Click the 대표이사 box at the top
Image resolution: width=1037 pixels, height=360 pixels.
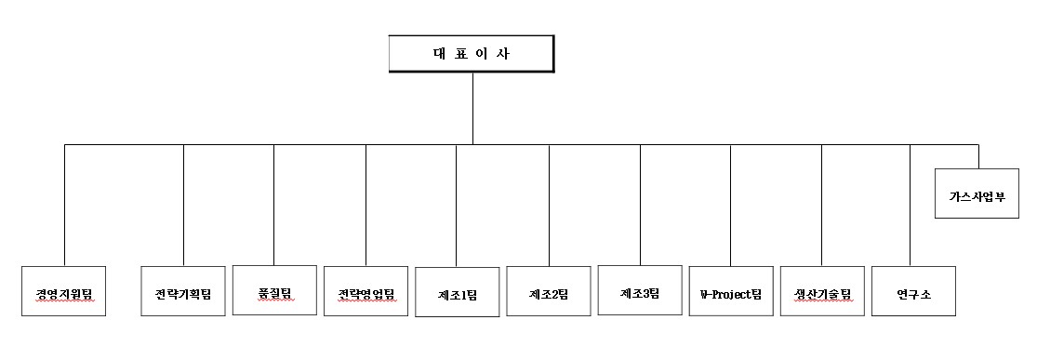pos(472,54)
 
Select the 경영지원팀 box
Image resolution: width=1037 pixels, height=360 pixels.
pos(63,291)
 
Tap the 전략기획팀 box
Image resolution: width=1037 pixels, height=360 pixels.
pos(183,291)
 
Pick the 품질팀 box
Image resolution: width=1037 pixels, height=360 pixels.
pos(273,290)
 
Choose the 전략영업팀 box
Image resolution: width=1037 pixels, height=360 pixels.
pos(366,291)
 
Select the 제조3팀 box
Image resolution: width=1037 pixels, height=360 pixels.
pos(640,291)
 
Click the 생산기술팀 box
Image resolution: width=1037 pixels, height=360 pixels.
pos(822,292)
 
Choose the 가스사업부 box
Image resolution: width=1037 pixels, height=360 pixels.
pos(977,196)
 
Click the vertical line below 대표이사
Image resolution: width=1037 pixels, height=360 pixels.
pos(472,107)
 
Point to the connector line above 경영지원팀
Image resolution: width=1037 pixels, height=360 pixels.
pos(64,205)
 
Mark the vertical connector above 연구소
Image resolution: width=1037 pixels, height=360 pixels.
pos(910,205)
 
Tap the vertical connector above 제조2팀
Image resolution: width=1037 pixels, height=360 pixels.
pos(549,205)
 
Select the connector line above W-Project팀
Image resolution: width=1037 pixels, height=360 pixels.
pos(731,205)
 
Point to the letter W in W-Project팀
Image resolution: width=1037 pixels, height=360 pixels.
pos(704,294)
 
